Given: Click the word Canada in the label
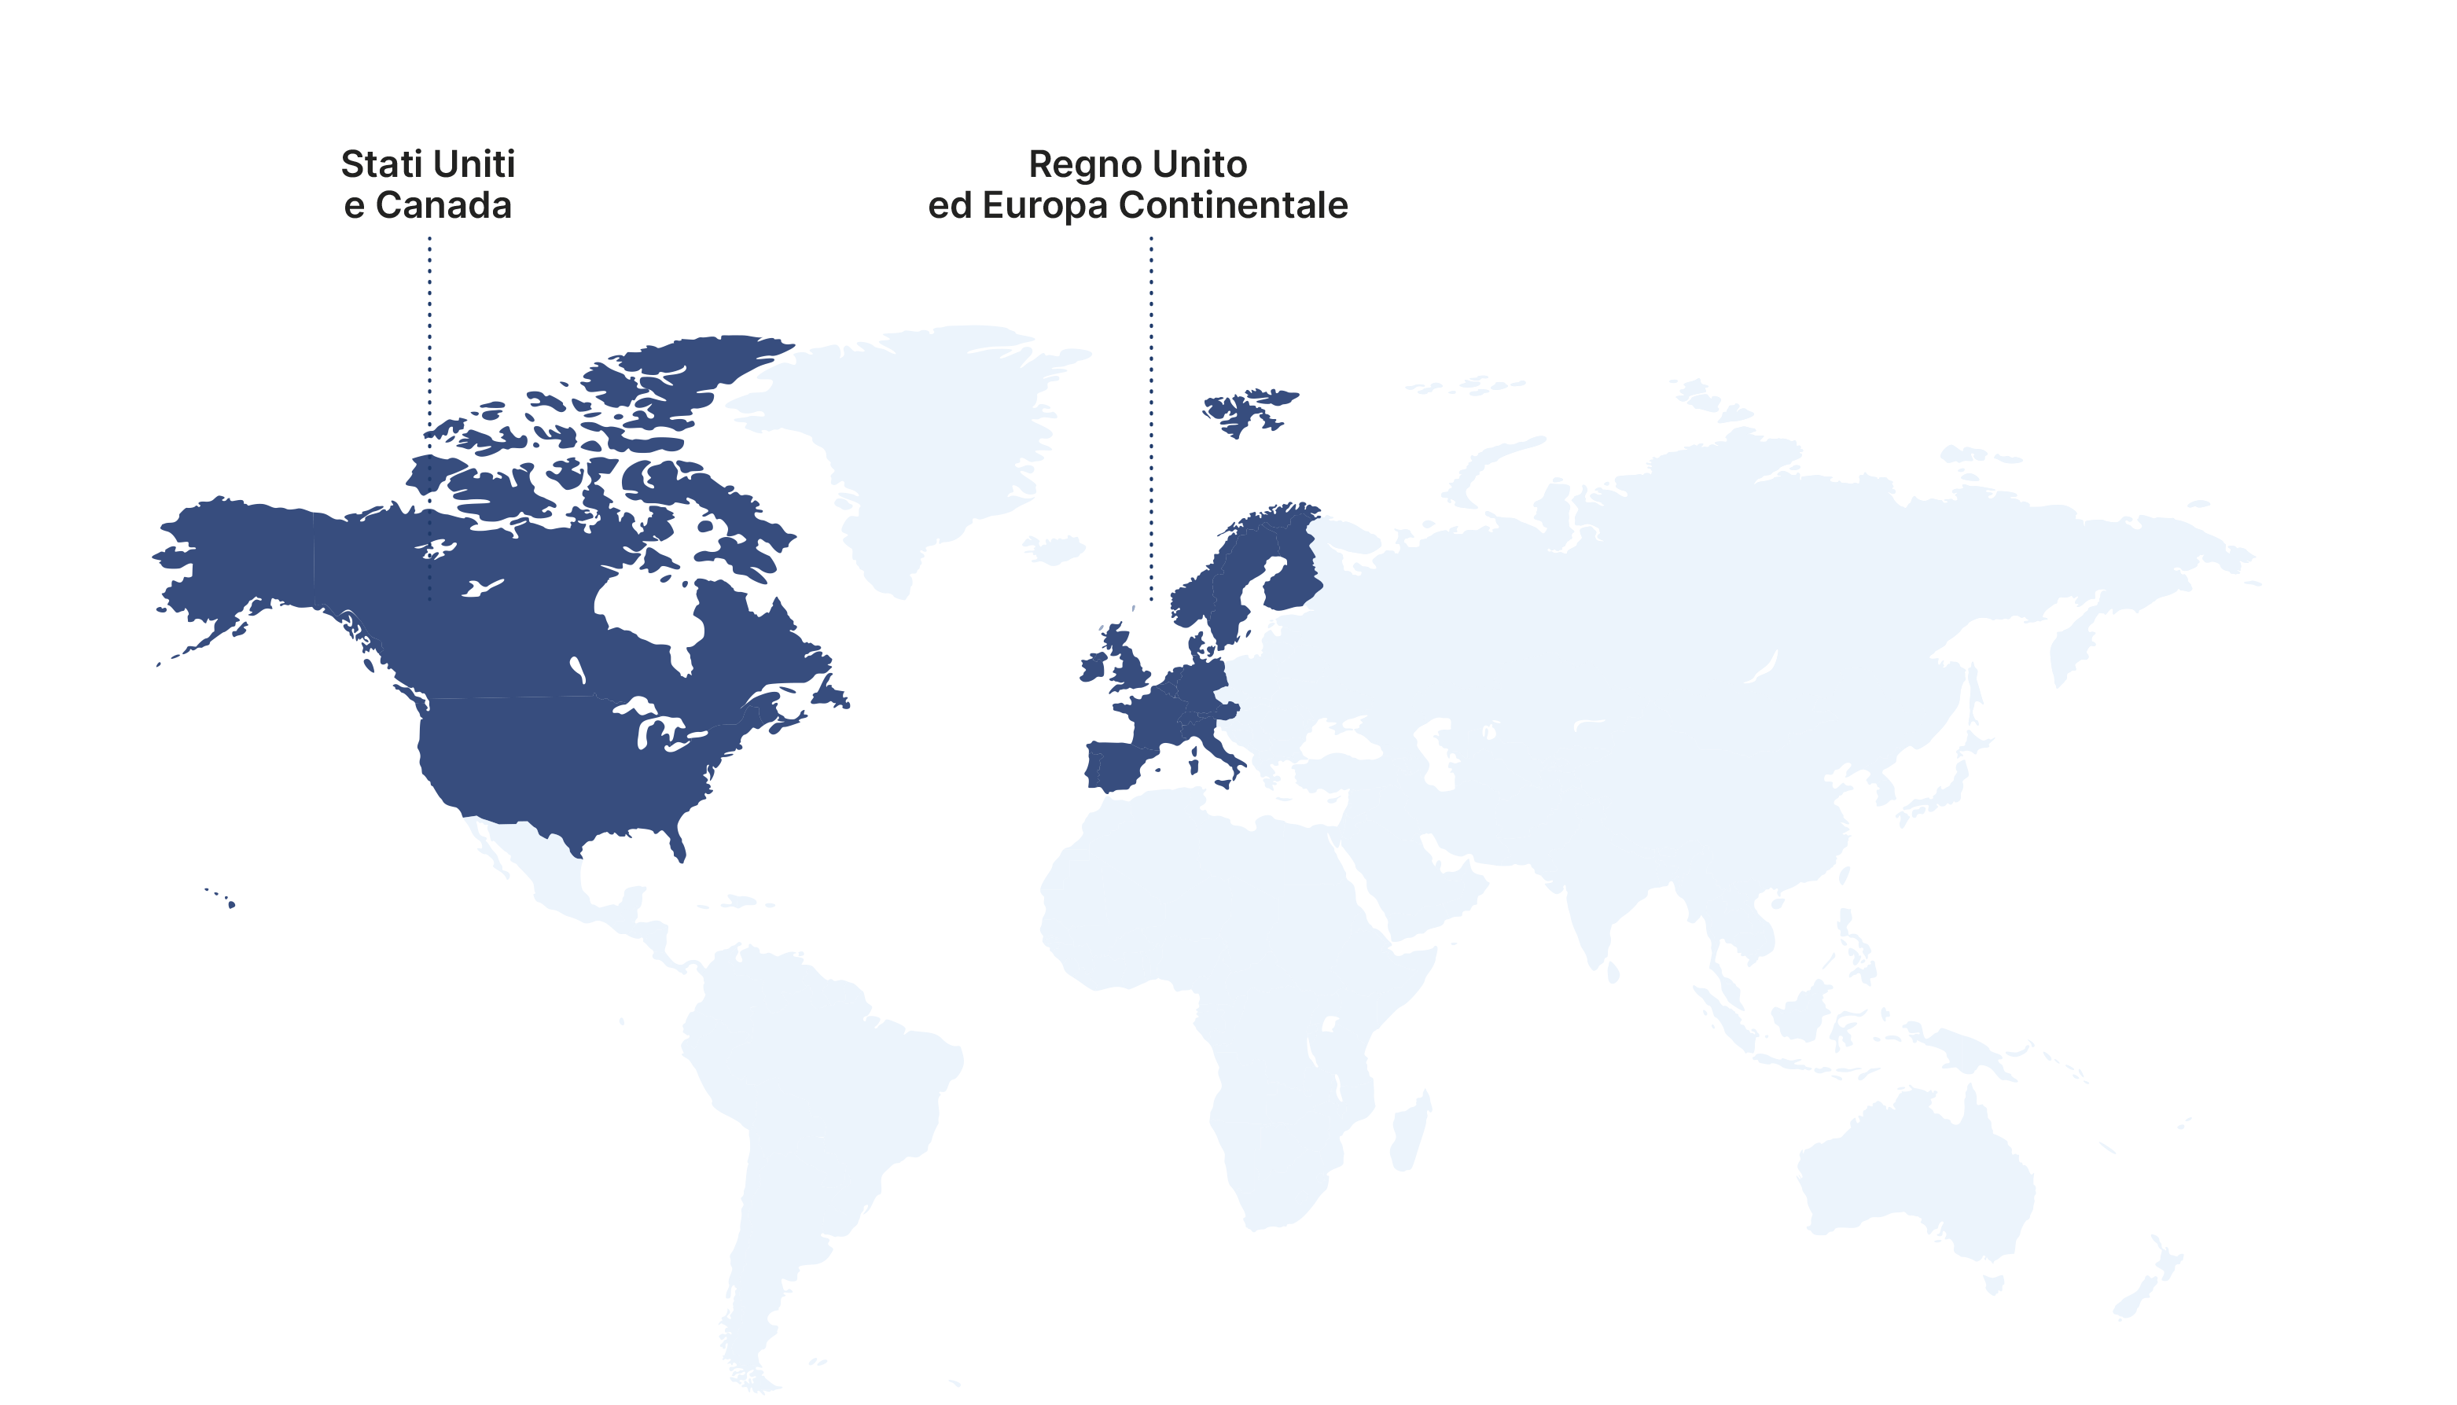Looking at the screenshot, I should tap(443, 205).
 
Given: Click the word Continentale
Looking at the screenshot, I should tap(1233, 205).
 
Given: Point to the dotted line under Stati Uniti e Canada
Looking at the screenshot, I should tap(429, 386).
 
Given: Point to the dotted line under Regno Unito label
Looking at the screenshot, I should tap(1151, 415).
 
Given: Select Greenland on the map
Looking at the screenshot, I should tap(926, 434).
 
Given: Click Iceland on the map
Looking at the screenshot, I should tap(1054, 550).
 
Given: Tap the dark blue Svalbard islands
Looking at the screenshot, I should tap(1245, 410).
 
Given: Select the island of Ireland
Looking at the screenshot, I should tap(1094, 667).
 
